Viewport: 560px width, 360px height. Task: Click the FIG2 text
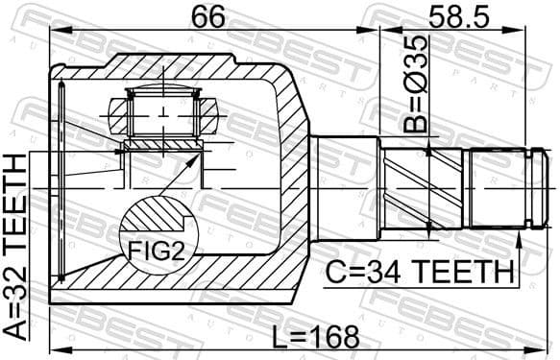click(x=152, y=253)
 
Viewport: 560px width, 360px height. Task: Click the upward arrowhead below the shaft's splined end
click(x=520, y=235)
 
